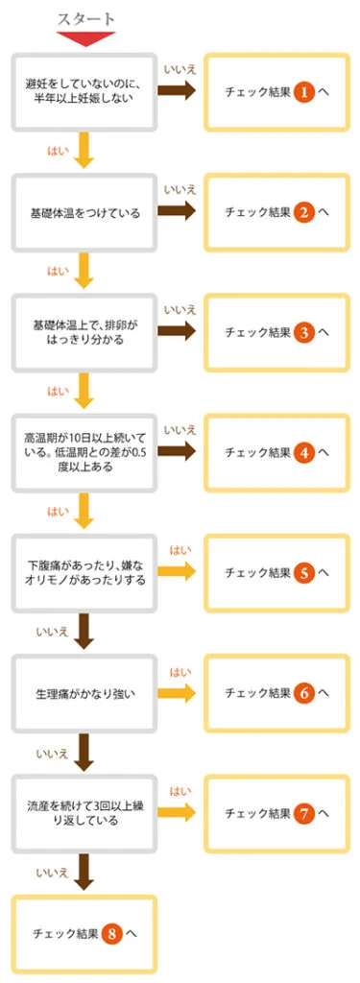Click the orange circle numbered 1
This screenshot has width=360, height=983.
(x=303, y=92)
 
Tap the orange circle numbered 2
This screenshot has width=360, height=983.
(x=303, y=212)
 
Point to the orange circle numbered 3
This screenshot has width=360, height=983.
(x=303, y=332)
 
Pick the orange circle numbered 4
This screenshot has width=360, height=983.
(x=303, y=452)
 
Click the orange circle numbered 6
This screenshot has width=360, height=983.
(x=303, y=692)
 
